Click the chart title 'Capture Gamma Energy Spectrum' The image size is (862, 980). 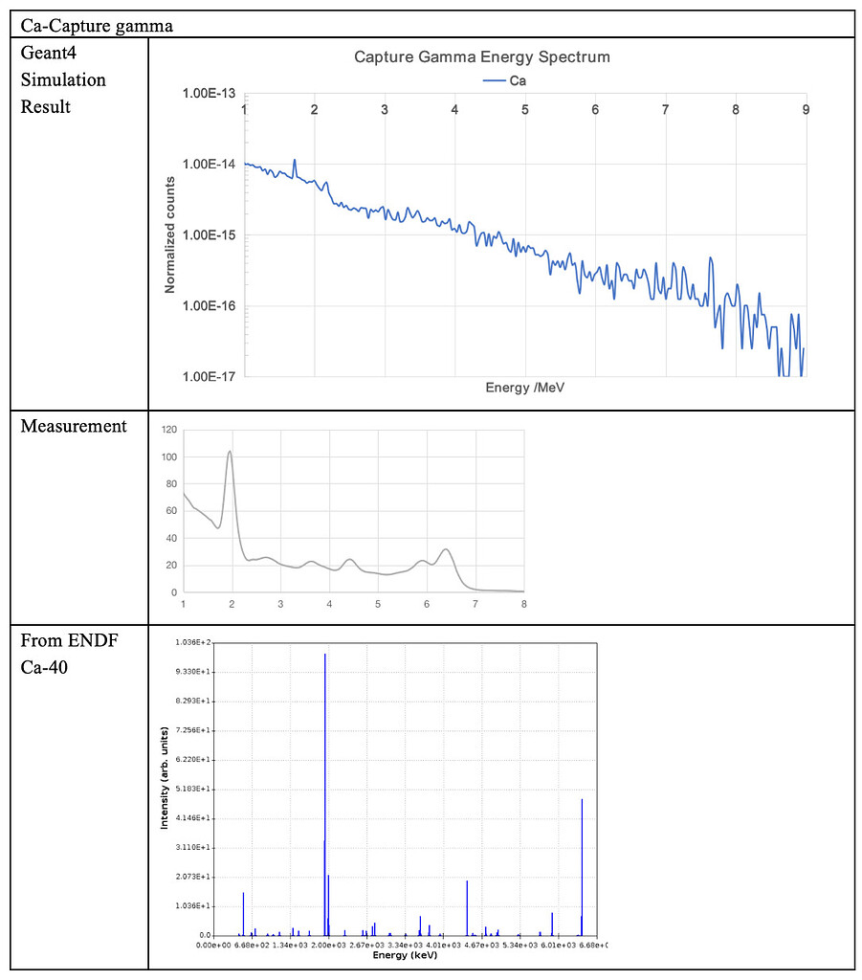[x=482, y=57]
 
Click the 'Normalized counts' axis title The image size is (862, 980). [x=170, y=235]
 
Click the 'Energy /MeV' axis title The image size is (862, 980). [x=525, y=389]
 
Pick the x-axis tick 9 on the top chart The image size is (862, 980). [x=806, y=110]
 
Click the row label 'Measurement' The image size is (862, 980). [x=74, y=426]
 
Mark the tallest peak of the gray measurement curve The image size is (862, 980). [x=230, y=453]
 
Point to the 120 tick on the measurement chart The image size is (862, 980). [x=168, y=431]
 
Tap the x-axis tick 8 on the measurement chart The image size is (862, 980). [x=523, y=604]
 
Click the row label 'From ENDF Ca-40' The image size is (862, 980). [x=69, y=653]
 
